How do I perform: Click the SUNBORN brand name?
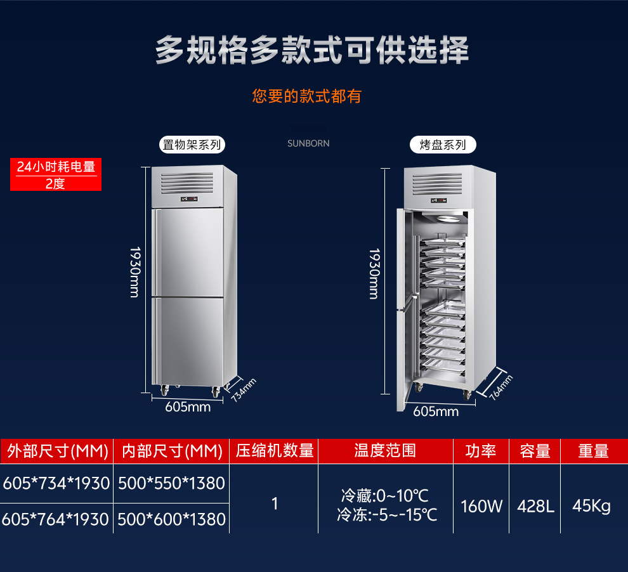[x=308, y=143]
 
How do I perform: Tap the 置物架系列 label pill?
[x=192, y=145]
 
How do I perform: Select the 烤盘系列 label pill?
[x=442, y=145]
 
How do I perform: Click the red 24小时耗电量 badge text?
[x=56, y=167]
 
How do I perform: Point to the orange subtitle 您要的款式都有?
[x=306, y=96]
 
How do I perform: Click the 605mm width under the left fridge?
[x=188, y=407]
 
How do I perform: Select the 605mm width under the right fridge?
[x=436, y=412]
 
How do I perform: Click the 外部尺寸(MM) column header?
[x=57, y=451]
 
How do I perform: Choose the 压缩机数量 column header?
[x=275, y=451]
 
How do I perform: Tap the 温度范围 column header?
[x=385, y=451]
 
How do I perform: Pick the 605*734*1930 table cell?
[x=56, y=483]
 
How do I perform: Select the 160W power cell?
[x=481, y=505]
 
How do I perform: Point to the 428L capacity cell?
[x=535, y=505]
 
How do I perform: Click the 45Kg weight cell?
[x=591, y=505]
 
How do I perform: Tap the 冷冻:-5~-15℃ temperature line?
[x=387, y=514]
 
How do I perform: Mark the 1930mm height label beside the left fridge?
[x=134, y=273]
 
